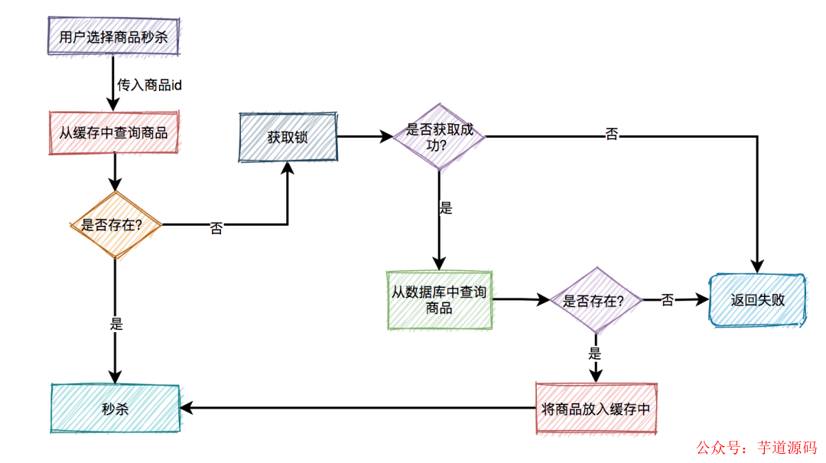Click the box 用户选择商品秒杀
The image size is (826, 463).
pos(113,36)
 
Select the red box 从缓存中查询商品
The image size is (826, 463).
pos(113,132)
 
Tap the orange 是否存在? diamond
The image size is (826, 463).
pos(115,225)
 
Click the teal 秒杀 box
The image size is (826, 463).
pos(115,408)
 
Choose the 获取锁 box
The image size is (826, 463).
pos(288,138)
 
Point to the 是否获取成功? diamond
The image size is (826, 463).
pos(439,137)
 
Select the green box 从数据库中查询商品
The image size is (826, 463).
pos(439,300)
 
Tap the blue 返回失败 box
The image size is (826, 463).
pos(757,301)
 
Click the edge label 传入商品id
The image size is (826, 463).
pos(149,84)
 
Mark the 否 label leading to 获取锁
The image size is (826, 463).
pos(216,228)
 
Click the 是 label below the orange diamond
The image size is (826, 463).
pos(116,324)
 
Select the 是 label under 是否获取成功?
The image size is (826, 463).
pos(445,208)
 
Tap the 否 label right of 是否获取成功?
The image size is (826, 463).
pos(612,135)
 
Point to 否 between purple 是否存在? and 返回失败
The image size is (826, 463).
pos(667,301)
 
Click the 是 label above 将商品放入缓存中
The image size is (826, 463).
pos(595,354)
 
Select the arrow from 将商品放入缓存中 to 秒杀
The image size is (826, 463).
pos(359,409)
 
